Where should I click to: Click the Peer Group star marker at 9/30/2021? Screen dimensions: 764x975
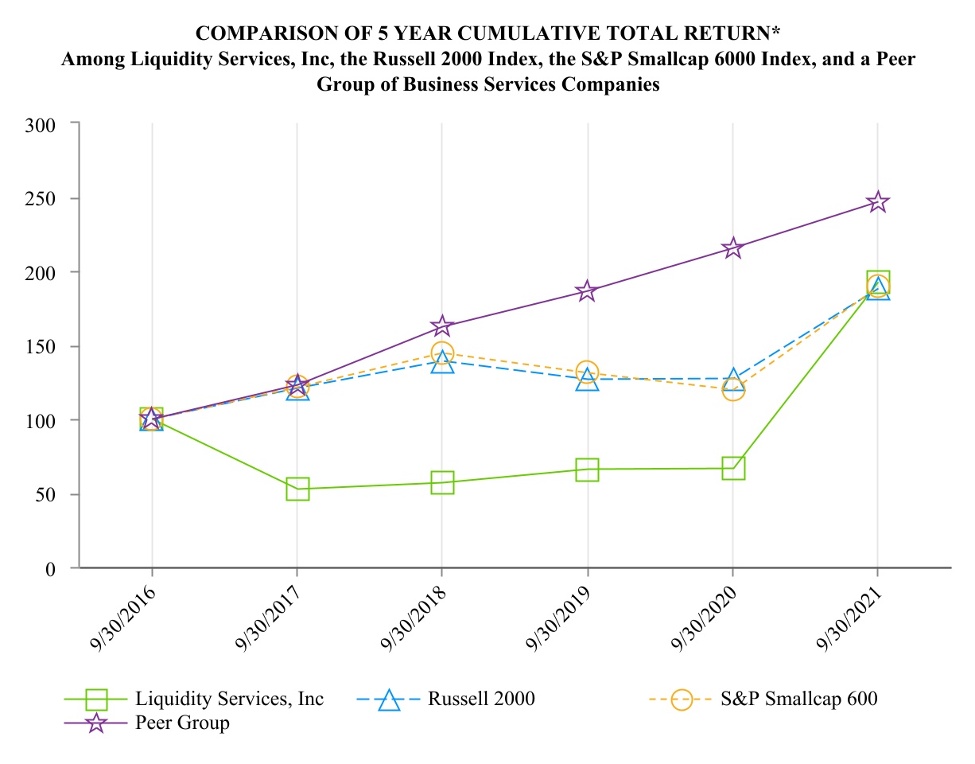click(x=877, y=202)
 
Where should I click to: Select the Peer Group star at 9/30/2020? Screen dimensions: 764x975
click(x=732, y=248)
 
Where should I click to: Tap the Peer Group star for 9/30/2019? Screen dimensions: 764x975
click(x=587, y=291)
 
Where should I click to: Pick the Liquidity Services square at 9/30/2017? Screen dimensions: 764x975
click(x=297, y=489)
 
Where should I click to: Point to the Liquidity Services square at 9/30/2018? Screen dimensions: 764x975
click(x=442, y=482)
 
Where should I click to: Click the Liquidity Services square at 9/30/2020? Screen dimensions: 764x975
click(x=732, y=468)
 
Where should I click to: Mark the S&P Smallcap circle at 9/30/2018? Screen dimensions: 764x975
click(x=442, y=353)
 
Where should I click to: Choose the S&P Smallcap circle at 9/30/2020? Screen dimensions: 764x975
click(x=732, y=389)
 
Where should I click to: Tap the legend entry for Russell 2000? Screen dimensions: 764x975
click(x=480, y=700)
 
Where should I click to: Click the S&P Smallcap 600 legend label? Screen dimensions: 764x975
click(x=798, y=700)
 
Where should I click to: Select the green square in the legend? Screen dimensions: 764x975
click(x=96, y=700)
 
